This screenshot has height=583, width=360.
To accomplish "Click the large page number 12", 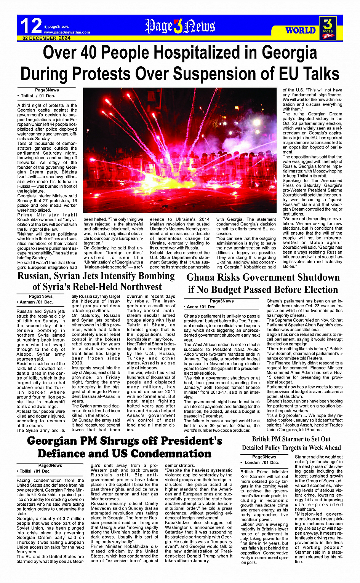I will tap(30, 26).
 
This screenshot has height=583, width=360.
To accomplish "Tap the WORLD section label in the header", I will tap(300, 30).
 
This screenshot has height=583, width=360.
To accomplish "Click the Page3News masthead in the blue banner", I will tap(180, 26).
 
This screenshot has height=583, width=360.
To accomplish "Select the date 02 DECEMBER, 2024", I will tap(46, 38).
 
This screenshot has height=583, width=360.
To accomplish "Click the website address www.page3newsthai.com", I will tap(67, 32).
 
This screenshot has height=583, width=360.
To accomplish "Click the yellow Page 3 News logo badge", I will tap(328, 28).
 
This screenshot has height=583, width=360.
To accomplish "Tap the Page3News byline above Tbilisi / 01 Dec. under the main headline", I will tap(47, 90).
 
